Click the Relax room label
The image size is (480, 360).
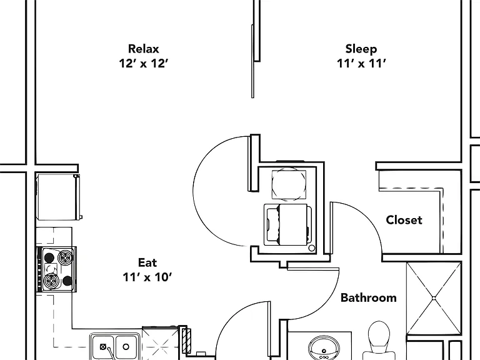(x=144, y=49)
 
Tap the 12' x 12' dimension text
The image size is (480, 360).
(x=144, y=63)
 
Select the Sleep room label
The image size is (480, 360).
(x=361, y=49)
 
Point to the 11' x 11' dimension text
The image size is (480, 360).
(x=361, y=63)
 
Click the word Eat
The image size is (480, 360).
(x=147, y=262)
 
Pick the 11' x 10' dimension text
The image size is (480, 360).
(x=147, y=277)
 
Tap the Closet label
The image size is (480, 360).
(x=404, y=220)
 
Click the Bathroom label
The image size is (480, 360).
(x=369, y=297)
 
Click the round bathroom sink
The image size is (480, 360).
(x=324, y=348)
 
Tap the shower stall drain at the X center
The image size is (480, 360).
(x=434, y=298)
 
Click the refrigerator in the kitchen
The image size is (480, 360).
(x=58, y=197)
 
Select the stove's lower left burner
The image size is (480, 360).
(x=50, y=280)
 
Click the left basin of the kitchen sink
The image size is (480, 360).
(x=104, y=347)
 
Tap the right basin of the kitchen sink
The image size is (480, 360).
(x=126, y=347)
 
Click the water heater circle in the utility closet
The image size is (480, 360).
(x=289, y=184)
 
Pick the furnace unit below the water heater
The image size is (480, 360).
(x=287, y=225)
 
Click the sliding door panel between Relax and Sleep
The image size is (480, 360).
(x=252, y=61)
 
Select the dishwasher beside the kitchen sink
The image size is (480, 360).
(x=161, y=343)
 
